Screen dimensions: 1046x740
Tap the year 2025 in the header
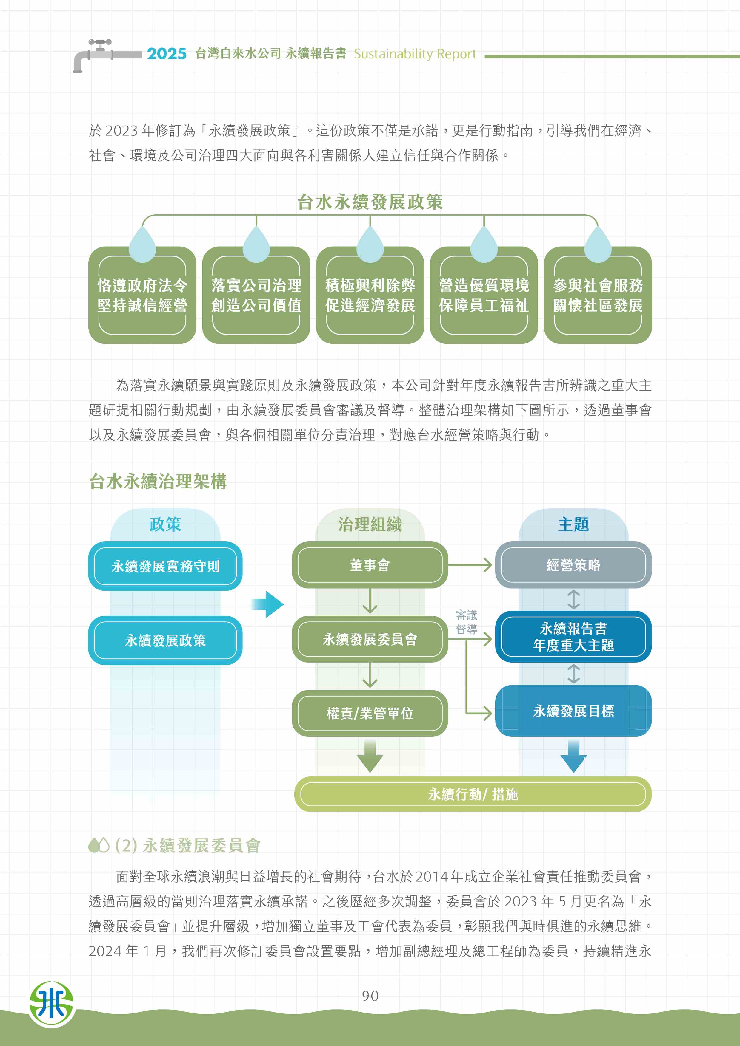[x=167, y=54]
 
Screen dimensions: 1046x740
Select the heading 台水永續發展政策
[x=370, y=202]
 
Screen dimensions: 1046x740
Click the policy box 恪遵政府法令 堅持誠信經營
[x=142, y=295]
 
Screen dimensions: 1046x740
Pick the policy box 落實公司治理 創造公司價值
[x=256, y=295]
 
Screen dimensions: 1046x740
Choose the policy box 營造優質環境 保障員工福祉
[x=484, y=295]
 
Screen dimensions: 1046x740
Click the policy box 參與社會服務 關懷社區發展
[x=597, y=295]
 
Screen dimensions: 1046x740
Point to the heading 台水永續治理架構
[x=158, y=481]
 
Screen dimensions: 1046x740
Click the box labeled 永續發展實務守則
[x=165, y=566]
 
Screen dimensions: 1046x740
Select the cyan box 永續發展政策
[x=165, y=640]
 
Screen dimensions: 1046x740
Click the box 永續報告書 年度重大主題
[x=573, y=636]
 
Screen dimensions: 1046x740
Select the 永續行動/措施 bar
[x=473, y=794]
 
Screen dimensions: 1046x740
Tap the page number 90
[x=370, y=996]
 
